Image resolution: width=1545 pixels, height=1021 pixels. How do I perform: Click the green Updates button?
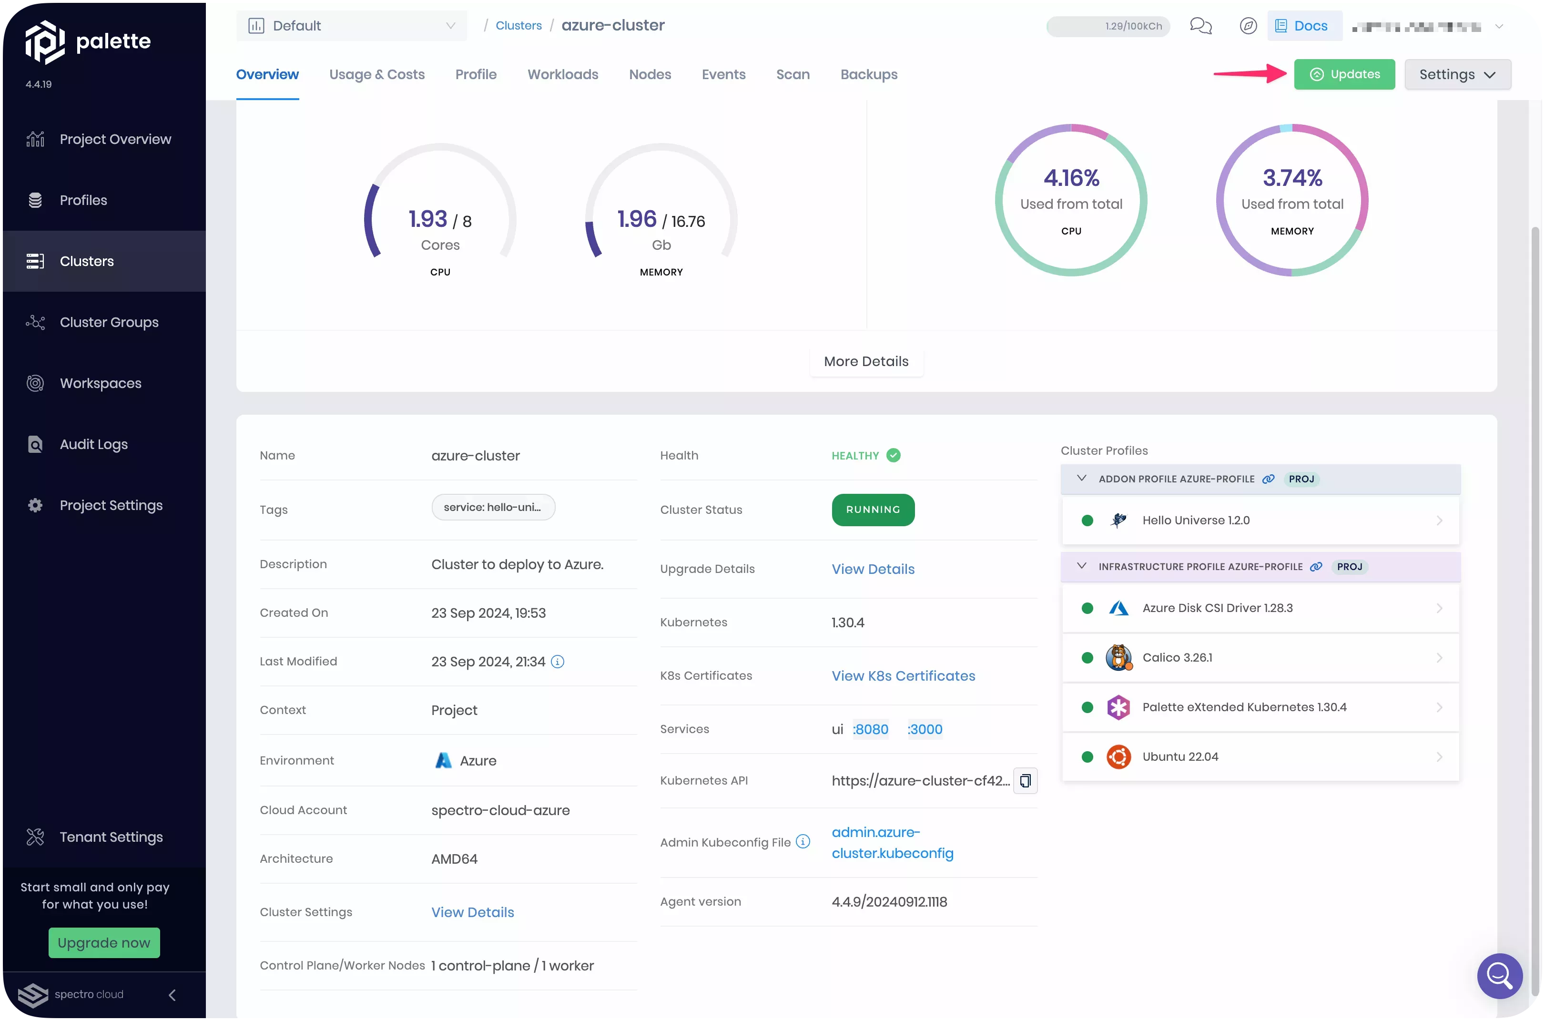1344,74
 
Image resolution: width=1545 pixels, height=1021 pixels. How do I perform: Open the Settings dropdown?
1457,74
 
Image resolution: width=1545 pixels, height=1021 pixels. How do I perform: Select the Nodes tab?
650,74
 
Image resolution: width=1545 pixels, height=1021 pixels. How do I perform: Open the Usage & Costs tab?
377,74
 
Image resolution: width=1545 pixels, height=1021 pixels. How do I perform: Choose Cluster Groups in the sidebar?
109,322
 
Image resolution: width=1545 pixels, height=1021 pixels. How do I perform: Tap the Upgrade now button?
104,942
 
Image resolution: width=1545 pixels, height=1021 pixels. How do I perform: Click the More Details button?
866,361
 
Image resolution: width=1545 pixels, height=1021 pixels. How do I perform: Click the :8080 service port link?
871,729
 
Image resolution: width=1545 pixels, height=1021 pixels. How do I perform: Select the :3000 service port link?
925,729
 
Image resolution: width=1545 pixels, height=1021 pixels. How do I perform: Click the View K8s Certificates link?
903,676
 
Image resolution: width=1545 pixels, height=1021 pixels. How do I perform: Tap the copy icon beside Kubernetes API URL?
1025,781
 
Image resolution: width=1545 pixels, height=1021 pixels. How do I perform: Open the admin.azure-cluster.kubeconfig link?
892,843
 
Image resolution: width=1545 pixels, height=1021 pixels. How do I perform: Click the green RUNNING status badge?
873,510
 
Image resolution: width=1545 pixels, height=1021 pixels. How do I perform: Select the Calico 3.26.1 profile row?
1260,658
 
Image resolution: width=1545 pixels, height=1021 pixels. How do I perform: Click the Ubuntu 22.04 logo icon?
1118,756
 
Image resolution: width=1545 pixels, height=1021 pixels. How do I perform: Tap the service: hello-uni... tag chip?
493,507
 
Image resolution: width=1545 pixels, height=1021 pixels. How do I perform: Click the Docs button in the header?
1304,26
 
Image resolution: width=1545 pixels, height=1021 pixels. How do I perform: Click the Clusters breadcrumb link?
518,25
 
